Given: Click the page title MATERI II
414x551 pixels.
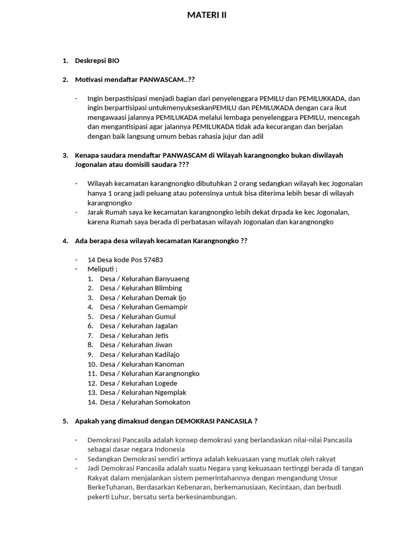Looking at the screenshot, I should (x=206, y=16).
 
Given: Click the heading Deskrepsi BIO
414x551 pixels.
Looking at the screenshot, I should (x=97, y=61).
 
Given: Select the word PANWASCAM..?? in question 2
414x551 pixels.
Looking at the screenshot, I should (x=167, y=80).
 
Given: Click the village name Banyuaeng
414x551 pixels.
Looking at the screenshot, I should (x=172, y=279).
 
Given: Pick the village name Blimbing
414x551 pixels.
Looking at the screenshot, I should (x=169, y=288).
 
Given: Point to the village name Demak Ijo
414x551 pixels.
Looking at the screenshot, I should (x=170, y=298).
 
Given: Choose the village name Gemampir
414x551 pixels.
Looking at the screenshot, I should (x=171, y=307).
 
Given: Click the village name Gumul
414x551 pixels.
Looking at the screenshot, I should (x=165, y=316).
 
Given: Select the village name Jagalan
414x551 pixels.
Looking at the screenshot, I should (x=166, y=326).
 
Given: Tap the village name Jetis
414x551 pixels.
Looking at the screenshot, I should (x=162, y=335).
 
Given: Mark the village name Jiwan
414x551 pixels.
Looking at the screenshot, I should (x=163, y=344).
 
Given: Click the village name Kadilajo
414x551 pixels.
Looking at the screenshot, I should (x=167, y=355).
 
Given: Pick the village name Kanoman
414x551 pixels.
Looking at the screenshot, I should (x=169, y=364).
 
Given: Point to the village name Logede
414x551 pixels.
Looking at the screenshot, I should (x=166, y=383).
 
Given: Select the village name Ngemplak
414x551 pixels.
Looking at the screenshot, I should (x=170, y=393).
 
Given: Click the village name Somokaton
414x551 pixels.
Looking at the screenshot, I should (x=172, y=402).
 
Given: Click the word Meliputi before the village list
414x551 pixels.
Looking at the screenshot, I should (x=101, y=269).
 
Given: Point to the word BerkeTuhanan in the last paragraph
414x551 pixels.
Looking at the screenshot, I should (x=110, y=487).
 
